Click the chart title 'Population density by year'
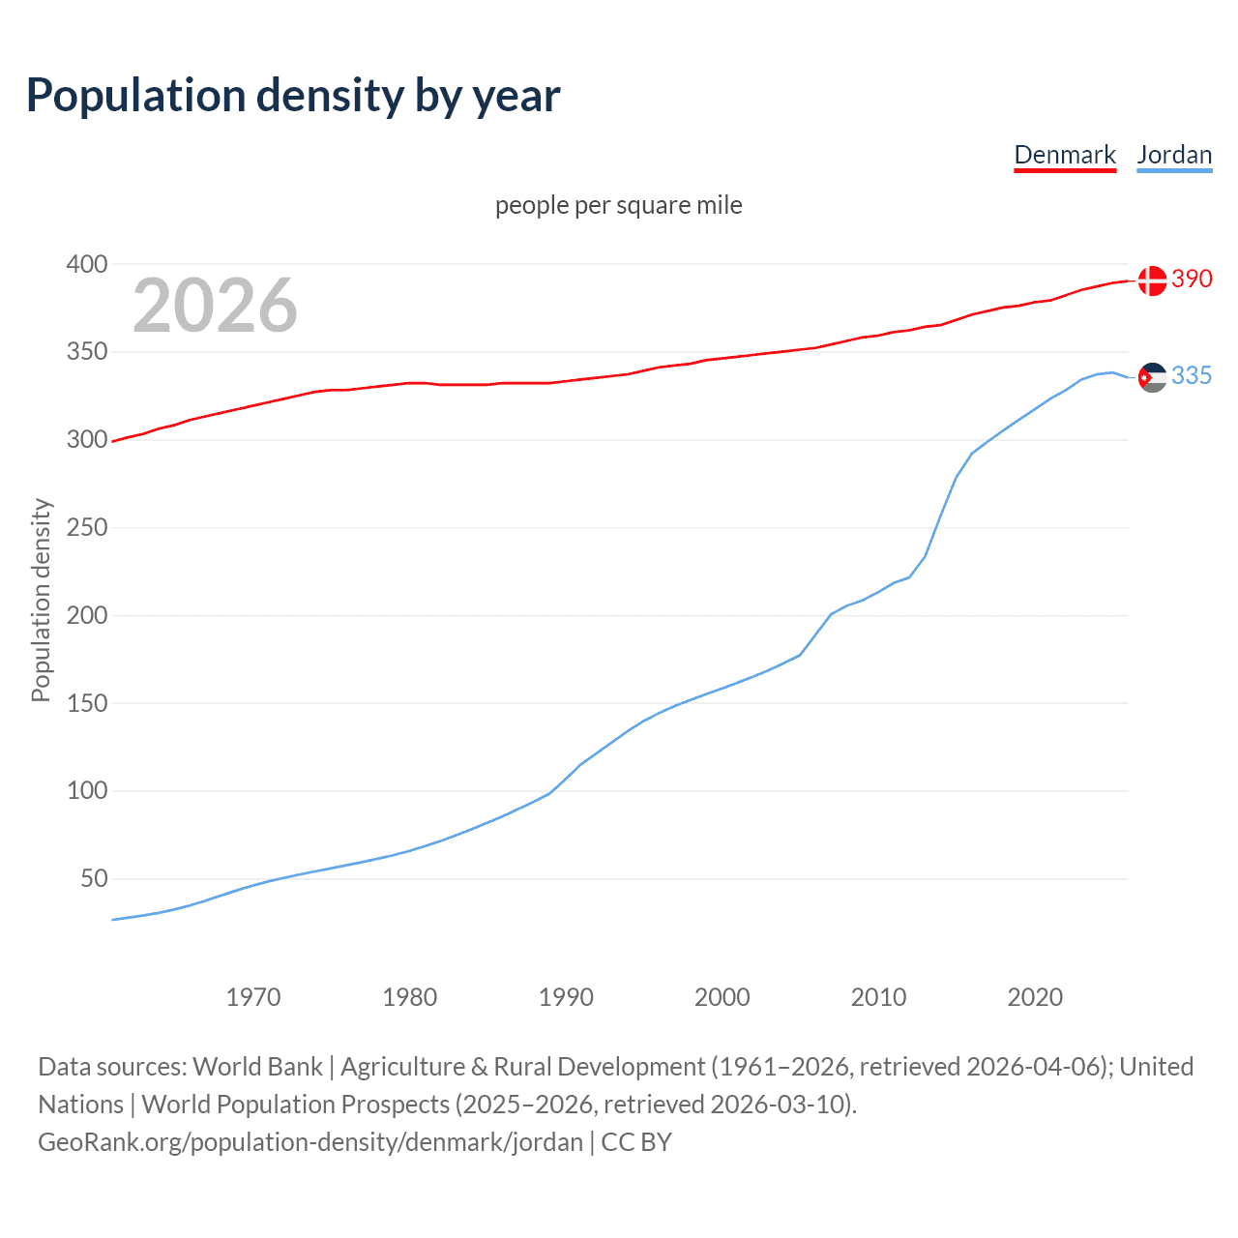coord(293,96)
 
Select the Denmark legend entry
coord(1065,155)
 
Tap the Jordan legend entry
coord(1174,155)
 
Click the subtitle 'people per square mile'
coord(618,205)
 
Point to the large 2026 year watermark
coord(215,306)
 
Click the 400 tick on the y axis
coord(86,264)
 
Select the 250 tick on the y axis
coord(86,528)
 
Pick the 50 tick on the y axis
coord(94,879)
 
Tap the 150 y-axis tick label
coord(86,703)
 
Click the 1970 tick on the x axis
coord(253,997)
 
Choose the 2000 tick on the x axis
coord(722,997)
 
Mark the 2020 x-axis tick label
coord(1035,997)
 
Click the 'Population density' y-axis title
coord(41,600)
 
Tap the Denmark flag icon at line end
coord(1152,280)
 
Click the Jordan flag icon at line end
coord(1152,377)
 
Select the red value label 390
coord(1192,279)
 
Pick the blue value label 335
coord(1192,375)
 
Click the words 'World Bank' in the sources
coord(257,1067)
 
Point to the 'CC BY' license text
coord(636,1142)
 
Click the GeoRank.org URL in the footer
coord(310,1142)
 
